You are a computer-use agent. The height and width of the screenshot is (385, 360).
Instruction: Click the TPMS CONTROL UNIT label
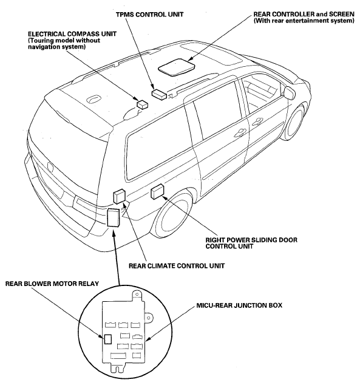click(x=149, y=15)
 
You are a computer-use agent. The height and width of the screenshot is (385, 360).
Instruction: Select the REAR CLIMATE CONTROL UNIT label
click(x=177, y=266)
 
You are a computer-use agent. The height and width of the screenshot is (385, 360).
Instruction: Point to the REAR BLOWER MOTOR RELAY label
click(x=52, y=284)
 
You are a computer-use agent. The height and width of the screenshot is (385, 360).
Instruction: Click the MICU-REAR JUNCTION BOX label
click(x=239, y=305)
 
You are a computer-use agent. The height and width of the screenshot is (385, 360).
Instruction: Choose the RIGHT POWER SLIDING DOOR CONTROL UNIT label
click(x=251, y=243)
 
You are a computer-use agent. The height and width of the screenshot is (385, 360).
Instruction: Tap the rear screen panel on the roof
click(x=177, y=67)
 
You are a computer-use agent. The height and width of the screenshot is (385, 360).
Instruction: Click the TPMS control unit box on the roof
click(x=159, y=94)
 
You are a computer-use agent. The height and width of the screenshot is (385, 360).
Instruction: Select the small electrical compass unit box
click(x=142, y=104)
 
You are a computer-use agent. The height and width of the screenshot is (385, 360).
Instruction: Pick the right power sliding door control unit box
click(x=158, y=191)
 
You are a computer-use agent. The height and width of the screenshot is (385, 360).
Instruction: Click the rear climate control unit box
click(x=120, y=196)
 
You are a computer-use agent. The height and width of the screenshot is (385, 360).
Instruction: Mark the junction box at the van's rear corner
click(x=114, y=217)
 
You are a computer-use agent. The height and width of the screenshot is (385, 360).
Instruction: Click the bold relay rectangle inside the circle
click(x=108, y=339)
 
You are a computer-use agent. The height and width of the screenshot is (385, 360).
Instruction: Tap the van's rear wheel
click(x=171, y=214)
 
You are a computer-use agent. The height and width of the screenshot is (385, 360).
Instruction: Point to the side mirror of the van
click(x=290, y=92)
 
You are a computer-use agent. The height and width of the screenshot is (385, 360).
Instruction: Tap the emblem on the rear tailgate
click(x=50, y=167)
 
